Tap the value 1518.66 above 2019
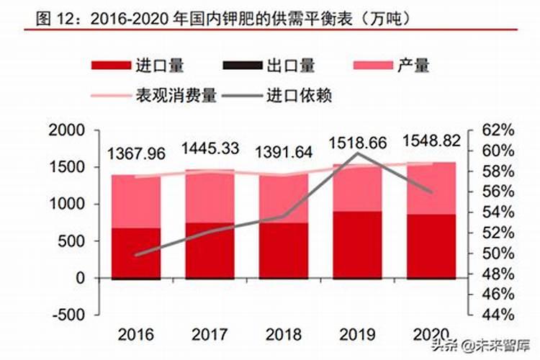tap(358, 142)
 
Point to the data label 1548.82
tap(431, 141)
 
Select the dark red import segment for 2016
tap(136, 253)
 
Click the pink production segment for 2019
tap(358, 189)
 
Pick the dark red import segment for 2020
tap(431, 246)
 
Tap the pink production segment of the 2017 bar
tap(210, 197)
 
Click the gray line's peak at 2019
tap(358, 153)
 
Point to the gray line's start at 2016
tap(136, 255)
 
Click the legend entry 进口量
tap(138, 66)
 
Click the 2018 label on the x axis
tap(283, 335)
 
